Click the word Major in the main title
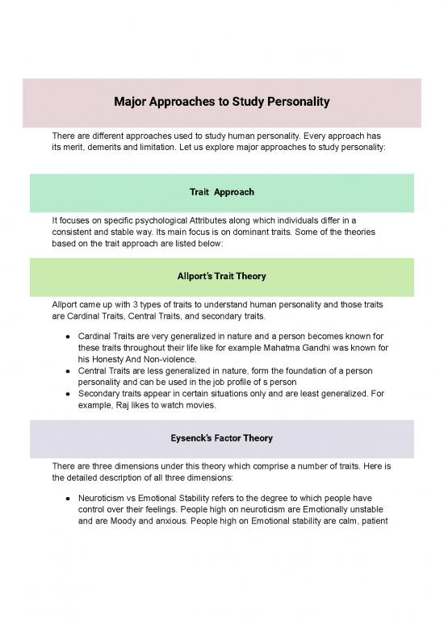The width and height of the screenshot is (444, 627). [x=132, y=103]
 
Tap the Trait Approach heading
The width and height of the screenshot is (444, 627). [x=221, y=192]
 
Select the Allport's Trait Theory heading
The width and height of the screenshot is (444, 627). [x=221, y=276]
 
